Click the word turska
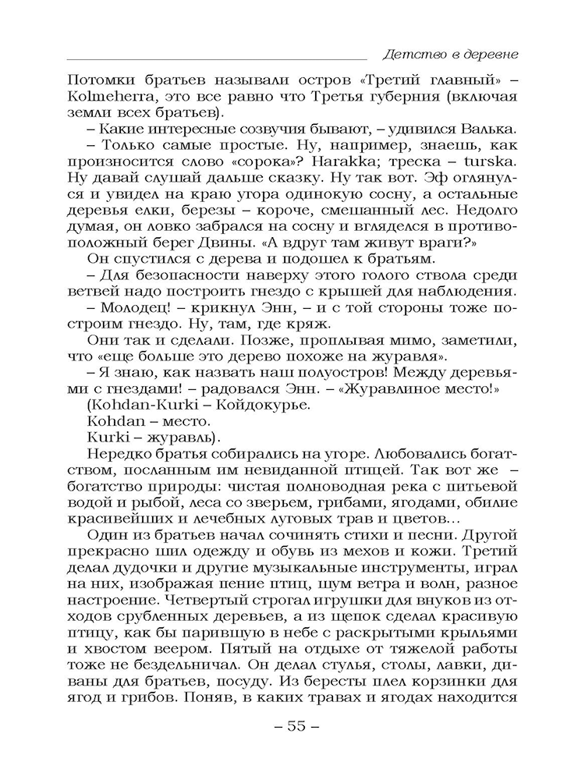(x=489, y=164)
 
